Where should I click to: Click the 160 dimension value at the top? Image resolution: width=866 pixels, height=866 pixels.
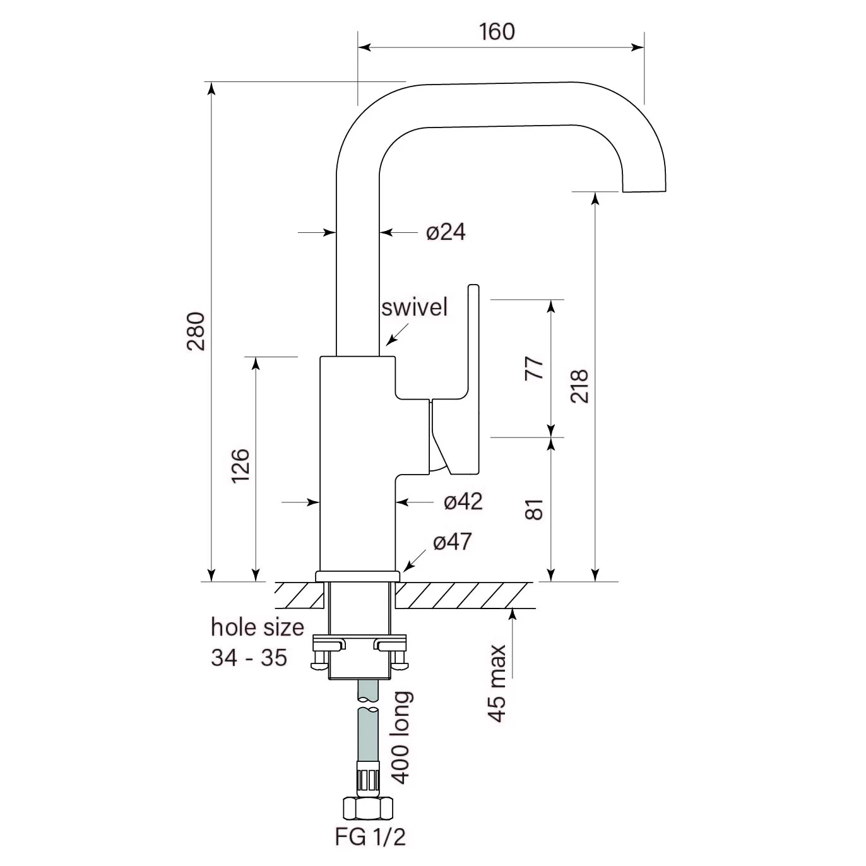497,32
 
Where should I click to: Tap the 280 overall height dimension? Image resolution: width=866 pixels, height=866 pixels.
196,331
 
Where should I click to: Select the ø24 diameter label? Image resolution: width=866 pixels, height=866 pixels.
446,232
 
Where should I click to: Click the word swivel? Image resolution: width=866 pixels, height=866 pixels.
415,307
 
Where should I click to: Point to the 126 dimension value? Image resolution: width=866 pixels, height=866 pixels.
241,466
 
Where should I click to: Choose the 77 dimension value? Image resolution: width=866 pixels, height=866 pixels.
535,367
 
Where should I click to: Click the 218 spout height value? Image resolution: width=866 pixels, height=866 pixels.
579,386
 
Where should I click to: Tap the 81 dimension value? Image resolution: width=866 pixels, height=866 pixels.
535,509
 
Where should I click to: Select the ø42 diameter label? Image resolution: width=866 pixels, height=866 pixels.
463,502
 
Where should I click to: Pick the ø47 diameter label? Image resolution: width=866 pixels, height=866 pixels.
453,542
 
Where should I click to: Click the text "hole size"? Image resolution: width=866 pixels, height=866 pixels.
257,627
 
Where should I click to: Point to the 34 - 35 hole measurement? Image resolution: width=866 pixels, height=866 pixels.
249,658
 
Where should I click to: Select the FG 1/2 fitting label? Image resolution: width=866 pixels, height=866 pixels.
371,837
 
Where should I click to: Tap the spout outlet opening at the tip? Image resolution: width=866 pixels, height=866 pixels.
644,189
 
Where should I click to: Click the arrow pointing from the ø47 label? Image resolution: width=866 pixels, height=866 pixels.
413,560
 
